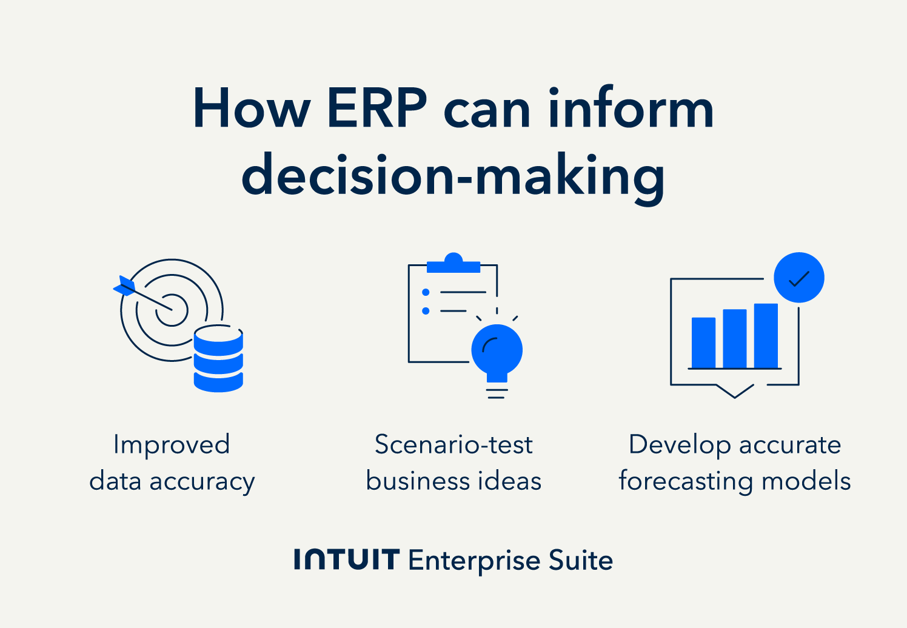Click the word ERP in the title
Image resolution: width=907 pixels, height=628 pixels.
pyautogui.click(x=377, y=108)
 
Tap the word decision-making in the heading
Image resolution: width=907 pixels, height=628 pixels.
pyautogui.click(x=453, y=178)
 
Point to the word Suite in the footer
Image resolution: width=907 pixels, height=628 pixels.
pyautogui.click(x=581, y=560)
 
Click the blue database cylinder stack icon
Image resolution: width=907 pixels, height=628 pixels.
pyautogui.click(x=219, y=359)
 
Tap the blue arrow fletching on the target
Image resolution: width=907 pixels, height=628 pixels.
pyautogui.click(x=124, y=286)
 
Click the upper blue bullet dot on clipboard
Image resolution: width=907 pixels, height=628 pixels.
pyautogui.click(x=426, y=292)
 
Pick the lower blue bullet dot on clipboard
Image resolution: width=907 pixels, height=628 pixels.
pyautogui.click(x=426, y=311)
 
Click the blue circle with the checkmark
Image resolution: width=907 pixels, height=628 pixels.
pyautogui.click(x=799, y=278)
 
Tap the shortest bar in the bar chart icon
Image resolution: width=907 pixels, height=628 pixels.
pyautogui.click(x=703, y=342)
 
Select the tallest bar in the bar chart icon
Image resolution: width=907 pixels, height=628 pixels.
pyautogui.click(x=766, y=336)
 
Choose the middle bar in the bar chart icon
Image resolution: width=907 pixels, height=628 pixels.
pyautogui.click(x=734, y=338)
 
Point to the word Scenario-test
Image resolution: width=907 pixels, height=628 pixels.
pyautogui.click(x=453, y=444)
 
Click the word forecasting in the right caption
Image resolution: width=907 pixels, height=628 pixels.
pyautogui.click(x=686, y=482)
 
